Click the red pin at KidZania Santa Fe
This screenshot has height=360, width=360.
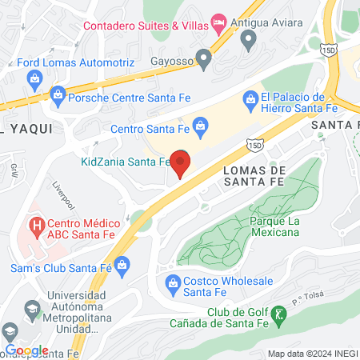click(181, 162)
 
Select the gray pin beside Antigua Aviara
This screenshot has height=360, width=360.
click(249, 39)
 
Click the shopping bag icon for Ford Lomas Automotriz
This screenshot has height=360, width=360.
click(34, 78)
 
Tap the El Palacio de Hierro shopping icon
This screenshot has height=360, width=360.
click(249, 98)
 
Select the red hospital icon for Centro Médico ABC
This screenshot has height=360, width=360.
click(34, 227)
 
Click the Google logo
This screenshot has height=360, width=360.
click(26, 350)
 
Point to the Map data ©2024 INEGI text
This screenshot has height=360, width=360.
click(310, 354)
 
